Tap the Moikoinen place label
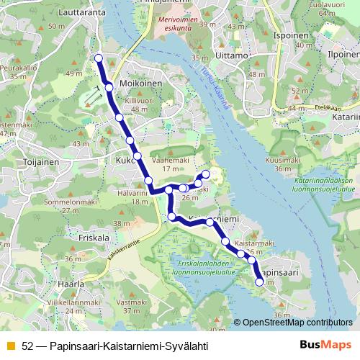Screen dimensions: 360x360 (x=139, y=84)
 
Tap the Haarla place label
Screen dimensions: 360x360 (x=71, y=284)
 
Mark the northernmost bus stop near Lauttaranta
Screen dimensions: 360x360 (x=99, y=58)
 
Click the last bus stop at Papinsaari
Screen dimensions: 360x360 (x=260, y=283)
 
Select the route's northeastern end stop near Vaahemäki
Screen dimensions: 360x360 (x=205, y=174)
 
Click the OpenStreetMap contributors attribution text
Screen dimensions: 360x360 (x=297, y=323)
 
